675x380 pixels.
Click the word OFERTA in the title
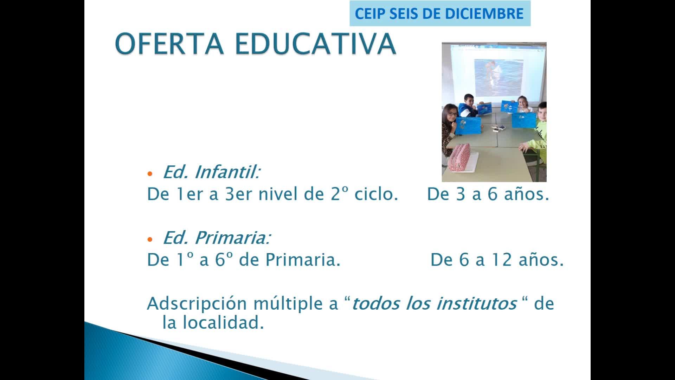(x=169, y=44)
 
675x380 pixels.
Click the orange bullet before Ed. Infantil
(x=150, y=174)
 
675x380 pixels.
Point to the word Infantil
(x=227, y=172)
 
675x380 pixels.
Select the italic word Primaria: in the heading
(x=233, y=238)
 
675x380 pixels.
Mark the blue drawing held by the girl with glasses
(x=468, y=126)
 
